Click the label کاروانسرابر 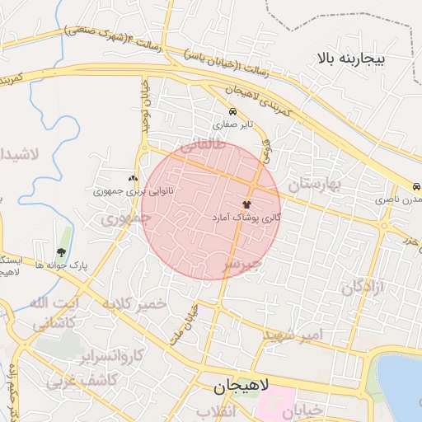click(113, 356)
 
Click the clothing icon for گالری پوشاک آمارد click(246, 203)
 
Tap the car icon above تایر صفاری click(233, 112)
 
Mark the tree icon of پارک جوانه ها click(61, 252)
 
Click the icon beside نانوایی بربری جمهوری click(132, 178)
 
